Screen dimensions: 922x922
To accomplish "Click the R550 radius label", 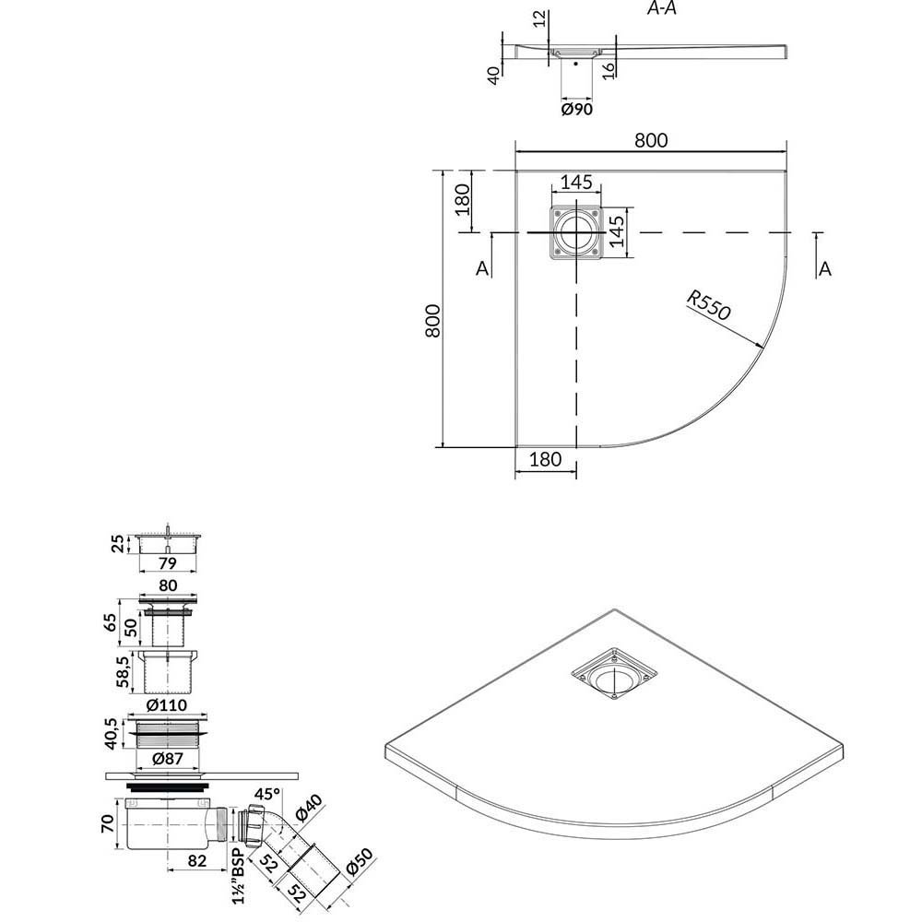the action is click(708, 306).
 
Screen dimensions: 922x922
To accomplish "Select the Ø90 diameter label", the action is click(577, 110).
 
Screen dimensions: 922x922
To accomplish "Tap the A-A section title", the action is click(661, 8).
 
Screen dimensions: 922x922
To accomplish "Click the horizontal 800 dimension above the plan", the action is click(651, 140).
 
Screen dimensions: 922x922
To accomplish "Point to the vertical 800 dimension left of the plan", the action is click(432, 321).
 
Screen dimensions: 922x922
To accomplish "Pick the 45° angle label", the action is click(267, 794).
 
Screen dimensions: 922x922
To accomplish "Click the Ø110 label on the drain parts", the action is click(166, 704).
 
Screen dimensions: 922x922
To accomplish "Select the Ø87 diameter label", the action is click(168, 759).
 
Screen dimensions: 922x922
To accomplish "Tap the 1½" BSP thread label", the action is click(238, 876).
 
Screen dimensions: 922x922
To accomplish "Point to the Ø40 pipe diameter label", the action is click(308, 808).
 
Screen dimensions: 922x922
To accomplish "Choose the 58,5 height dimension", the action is click(123, 672).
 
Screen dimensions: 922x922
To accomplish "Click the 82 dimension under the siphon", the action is click(197, 860).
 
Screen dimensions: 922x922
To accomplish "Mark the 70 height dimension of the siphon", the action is click(108, 823).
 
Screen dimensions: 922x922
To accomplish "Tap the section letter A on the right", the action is click(825, 268).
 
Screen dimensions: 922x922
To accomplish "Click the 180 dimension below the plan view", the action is click(545, 459).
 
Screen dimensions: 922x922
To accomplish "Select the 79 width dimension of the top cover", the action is click(168, 563).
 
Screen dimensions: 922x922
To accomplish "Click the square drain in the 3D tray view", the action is click(614, 674).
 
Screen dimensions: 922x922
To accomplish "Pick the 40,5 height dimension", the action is click(111, 734).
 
